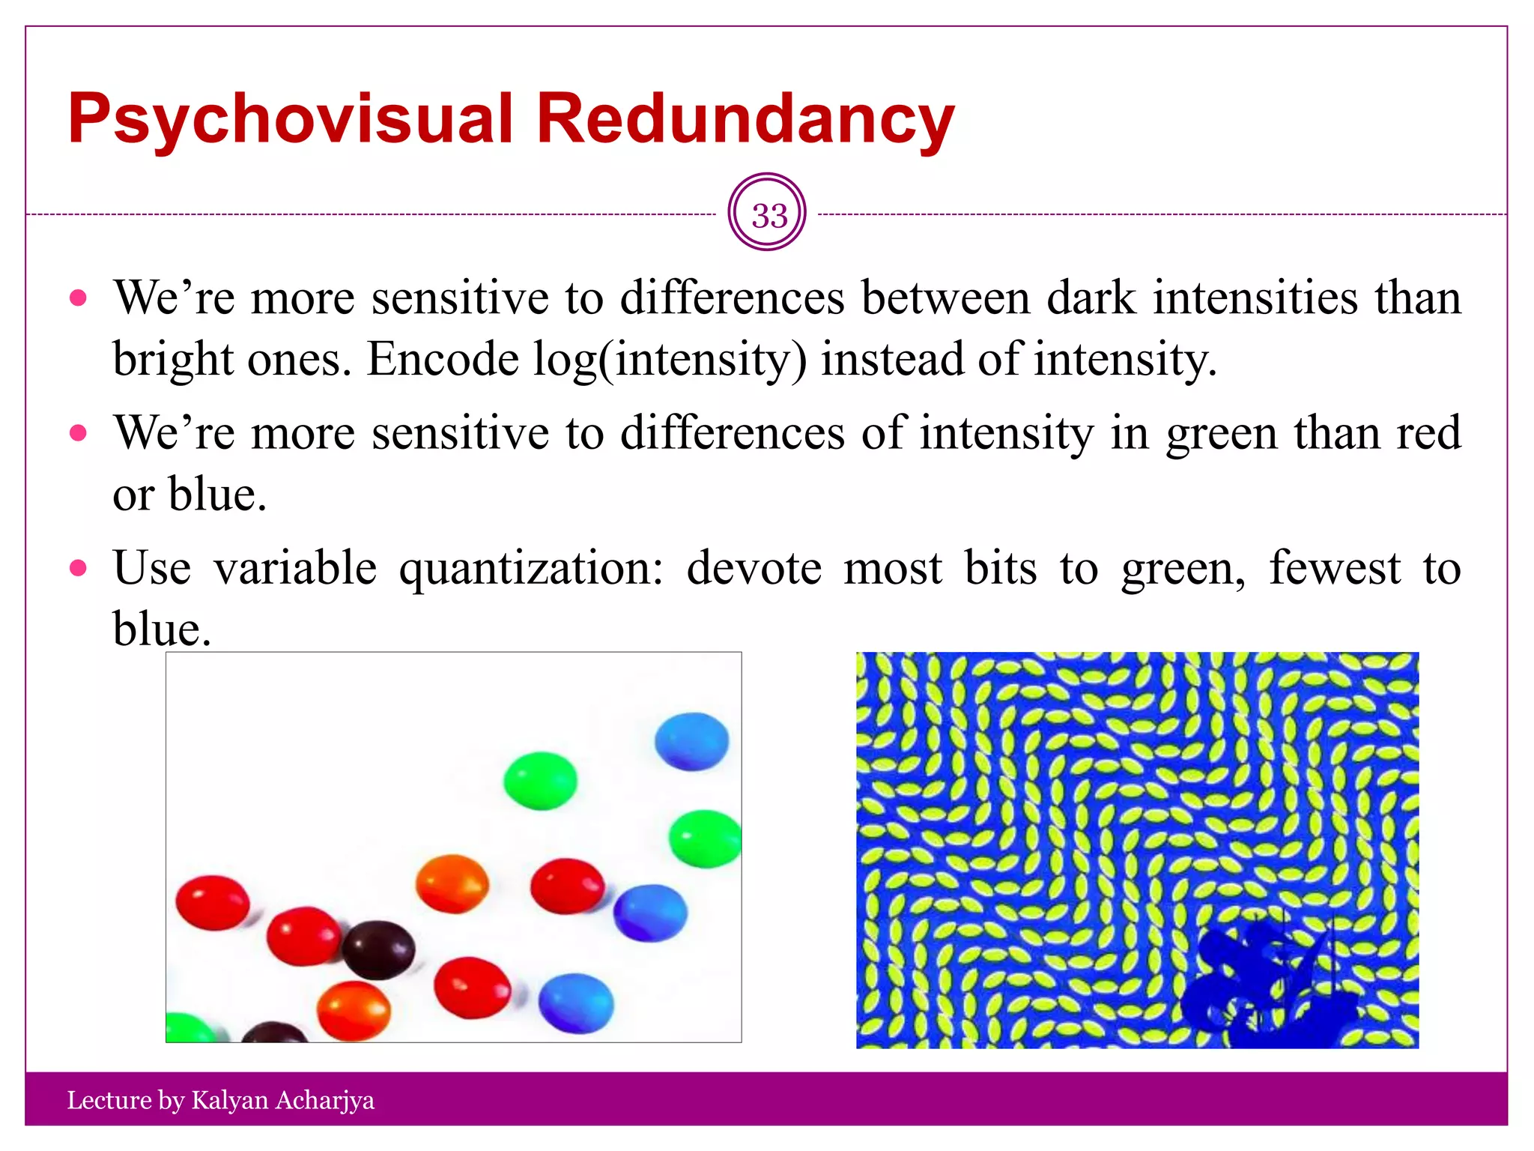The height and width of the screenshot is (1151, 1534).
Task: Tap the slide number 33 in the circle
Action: click(768, 216)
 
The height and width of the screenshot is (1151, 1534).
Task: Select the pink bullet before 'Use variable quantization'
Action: click(78, 568)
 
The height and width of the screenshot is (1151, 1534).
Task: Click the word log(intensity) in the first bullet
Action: click(670, 360)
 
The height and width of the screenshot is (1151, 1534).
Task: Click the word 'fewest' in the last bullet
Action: click(1334, 568)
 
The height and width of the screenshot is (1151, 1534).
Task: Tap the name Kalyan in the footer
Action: click(229, 1100)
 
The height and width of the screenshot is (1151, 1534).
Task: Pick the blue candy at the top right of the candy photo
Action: click(691, 741)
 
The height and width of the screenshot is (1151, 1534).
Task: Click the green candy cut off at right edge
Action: click(705, 839)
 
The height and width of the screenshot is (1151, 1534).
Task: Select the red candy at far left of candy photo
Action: click(212, 902)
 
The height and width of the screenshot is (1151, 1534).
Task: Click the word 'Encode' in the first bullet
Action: click(443, 360)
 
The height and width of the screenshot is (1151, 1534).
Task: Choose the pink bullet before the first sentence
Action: click(78, 298)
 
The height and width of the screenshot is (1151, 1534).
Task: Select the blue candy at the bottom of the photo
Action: click(575, 1003)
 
